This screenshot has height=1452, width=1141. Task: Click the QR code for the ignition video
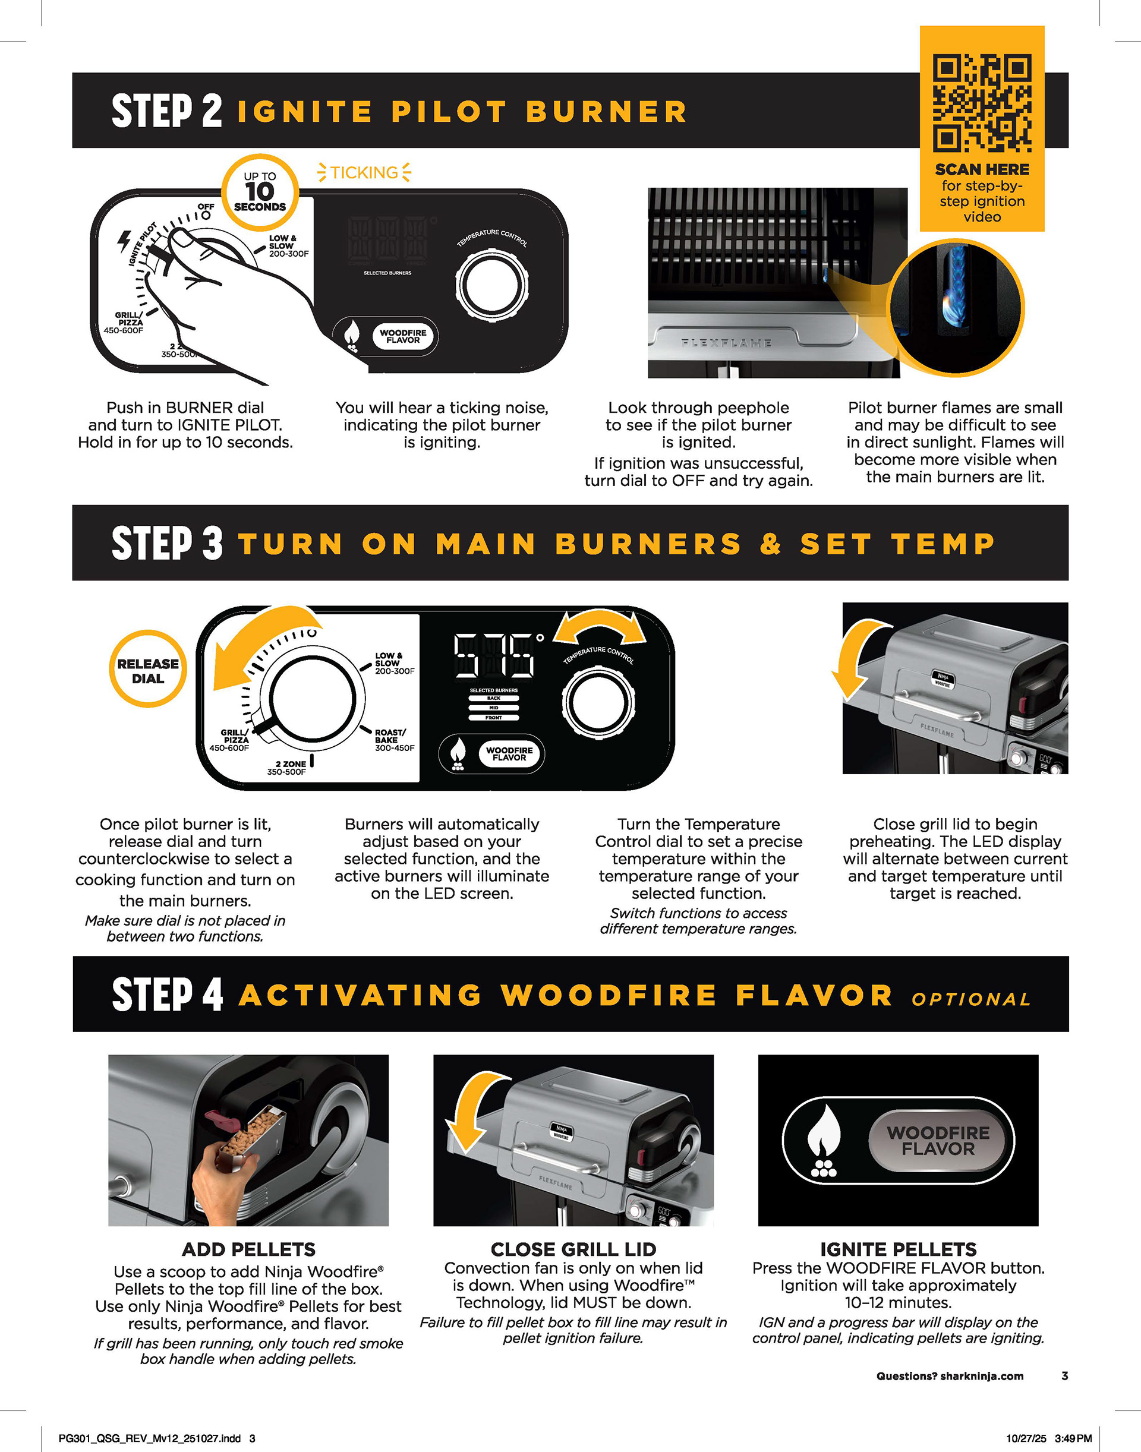coord(982,103)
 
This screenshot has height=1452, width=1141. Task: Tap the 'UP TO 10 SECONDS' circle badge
coord(260,191)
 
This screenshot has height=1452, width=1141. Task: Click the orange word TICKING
coord(364,172)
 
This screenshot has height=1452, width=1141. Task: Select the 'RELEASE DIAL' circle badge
coord(147,671)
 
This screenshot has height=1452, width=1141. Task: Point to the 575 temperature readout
coord(494,655)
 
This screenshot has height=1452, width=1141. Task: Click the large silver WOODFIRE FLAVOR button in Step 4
coord(938,1141)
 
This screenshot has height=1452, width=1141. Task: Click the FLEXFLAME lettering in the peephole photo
coord(727,343)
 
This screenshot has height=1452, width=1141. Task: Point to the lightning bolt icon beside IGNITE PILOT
coord(125,241)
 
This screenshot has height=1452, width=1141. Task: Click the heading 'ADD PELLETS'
coord(248,1249)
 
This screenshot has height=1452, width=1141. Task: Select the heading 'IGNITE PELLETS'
coord(898,1249)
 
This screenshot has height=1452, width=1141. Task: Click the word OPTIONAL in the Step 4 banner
coord(971,999)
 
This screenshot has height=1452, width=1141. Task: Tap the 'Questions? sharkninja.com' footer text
coord(949,1376)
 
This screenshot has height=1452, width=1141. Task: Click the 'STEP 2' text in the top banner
coord(166,111)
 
